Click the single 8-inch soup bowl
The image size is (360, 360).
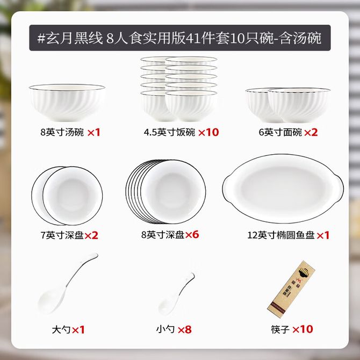tap(67, 103)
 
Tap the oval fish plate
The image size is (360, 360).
tap(283, 189)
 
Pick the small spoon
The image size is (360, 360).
tap(176, 294)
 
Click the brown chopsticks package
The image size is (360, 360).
tap(291, 289)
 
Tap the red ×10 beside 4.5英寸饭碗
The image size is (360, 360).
tap(208, 133)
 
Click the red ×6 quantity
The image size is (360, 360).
tap(192, 235)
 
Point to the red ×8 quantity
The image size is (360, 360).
tap(185, 330)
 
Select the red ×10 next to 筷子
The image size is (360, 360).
tap(303, 329)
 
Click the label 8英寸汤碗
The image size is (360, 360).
tap(62, 133)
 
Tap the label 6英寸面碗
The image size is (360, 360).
tap(280, 133)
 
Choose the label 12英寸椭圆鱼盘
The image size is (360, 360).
tap(280, 235)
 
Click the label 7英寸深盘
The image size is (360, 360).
tap(62, 235)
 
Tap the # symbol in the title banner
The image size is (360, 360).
tap(41, 38)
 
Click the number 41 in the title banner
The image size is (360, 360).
tap(192, 38)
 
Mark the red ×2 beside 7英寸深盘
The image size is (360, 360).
tap(91, 235)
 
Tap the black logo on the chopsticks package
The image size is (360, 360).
tap(304, 273)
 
